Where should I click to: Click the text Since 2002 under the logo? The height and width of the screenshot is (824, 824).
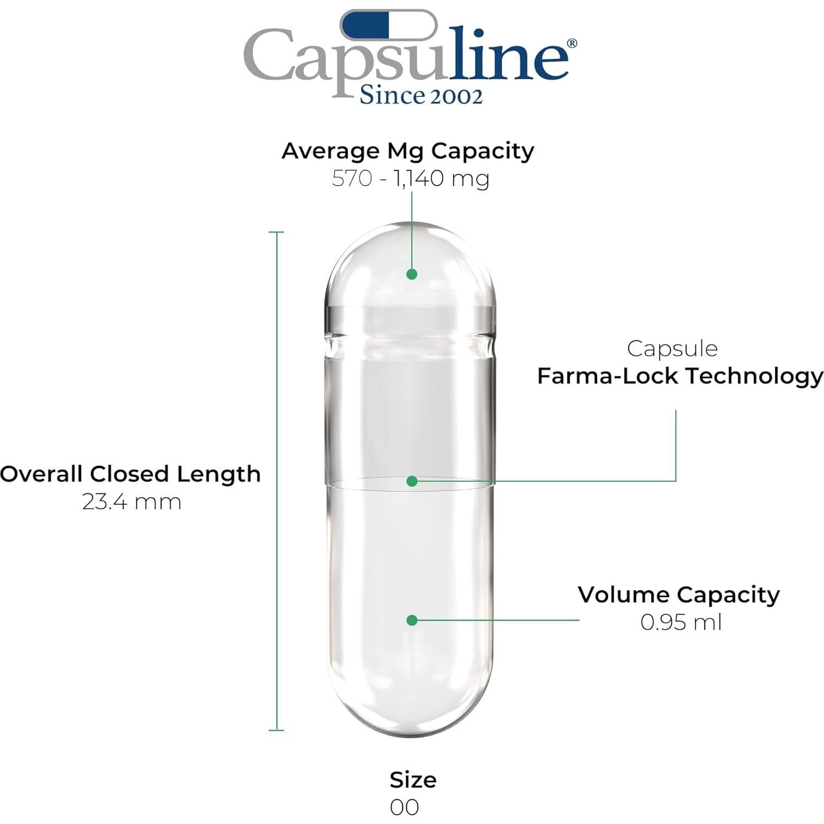click(421, 95)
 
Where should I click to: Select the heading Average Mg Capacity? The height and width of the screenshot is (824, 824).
click(408, 151)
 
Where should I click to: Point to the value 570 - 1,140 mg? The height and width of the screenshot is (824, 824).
click(411, 178)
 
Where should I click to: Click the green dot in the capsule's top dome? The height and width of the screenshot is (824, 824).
click(412, 274)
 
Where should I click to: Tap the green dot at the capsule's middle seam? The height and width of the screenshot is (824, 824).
click(412, 481)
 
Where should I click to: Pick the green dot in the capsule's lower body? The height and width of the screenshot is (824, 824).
click(412, 620)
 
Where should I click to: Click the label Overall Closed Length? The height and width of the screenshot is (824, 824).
click(130, 474)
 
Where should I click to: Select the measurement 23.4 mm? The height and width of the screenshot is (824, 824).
click(132, 501)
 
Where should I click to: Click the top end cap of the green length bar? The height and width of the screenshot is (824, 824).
click(276, 232)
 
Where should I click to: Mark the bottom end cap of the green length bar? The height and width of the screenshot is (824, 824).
click(276, 730)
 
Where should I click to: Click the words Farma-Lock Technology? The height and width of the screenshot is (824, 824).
click(680, 376)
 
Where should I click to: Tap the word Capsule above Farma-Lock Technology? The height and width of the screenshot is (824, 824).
click(672, 348)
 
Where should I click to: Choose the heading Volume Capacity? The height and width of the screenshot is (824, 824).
click(679, 594)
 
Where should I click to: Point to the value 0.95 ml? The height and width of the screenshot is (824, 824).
click(681, 622)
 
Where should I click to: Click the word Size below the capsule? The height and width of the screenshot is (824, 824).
click(413, 780)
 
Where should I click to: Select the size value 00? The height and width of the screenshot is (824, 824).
click(405, 807)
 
